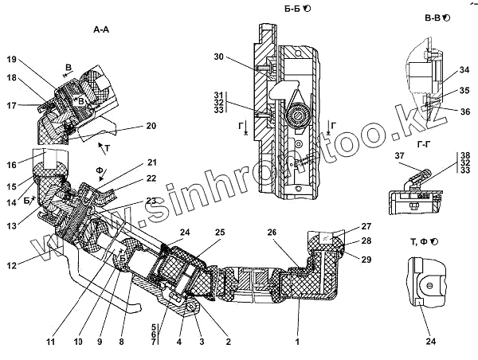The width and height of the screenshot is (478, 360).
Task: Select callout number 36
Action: [466, 112]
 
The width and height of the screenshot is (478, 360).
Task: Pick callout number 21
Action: [151, 163]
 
